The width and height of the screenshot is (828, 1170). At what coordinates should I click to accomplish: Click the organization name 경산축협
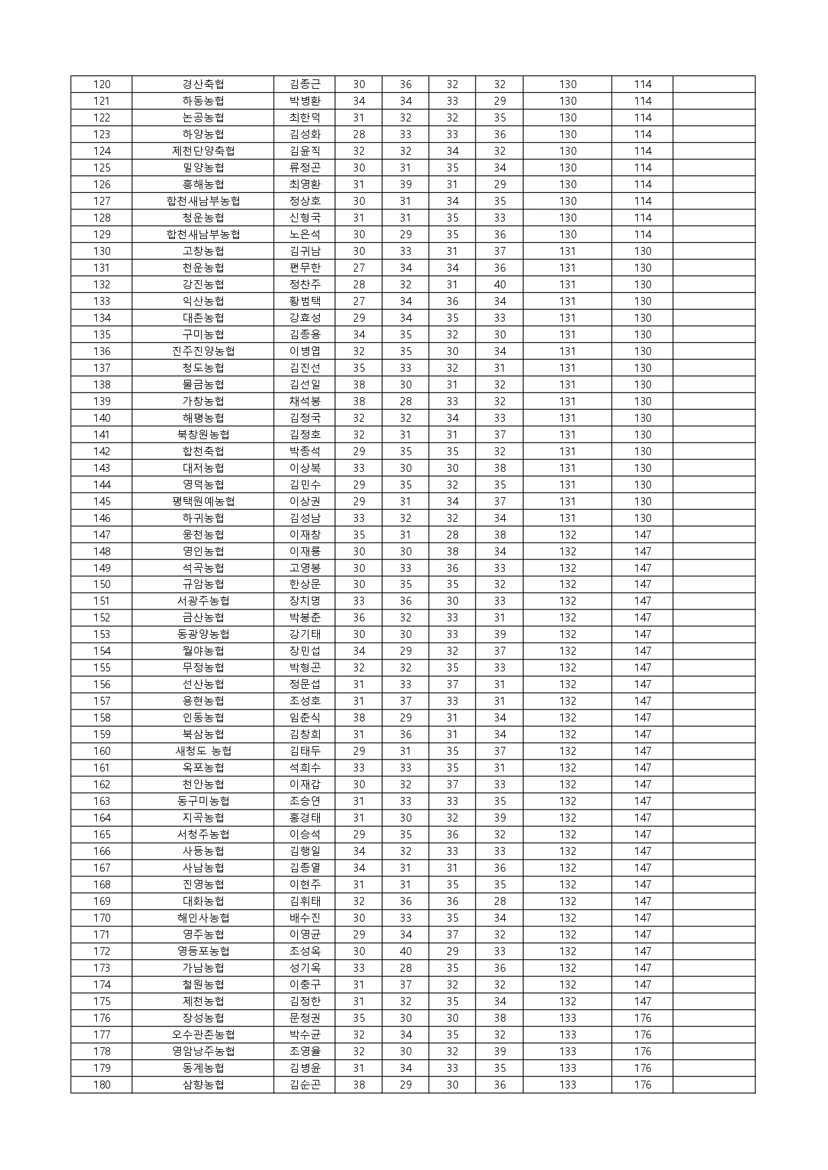203,84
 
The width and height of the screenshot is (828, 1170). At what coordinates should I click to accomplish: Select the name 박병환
304,101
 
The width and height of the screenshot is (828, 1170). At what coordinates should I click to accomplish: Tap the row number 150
101,584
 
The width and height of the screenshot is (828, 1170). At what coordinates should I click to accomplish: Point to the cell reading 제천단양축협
203,151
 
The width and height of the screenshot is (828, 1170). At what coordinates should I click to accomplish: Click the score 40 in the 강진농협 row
499,284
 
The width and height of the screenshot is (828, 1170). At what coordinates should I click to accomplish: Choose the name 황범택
304,301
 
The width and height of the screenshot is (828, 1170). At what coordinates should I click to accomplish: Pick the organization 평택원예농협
203,501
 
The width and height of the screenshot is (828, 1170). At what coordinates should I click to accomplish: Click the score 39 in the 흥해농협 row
405,184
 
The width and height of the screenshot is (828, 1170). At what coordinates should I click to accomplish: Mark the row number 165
101,834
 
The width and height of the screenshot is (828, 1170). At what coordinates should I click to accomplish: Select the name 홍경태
304,818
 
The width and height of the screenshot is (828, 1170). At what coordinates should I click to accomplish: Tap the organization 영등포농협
203,951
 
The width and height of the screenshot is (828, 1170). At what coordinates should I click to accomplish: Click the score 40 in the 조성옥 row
405,951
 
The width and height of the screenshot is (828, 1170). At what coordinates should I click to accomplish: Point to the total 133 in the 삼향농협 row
568,1085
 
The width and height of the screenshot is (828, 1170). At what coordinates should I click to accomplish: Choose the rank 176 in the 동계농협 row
642,1068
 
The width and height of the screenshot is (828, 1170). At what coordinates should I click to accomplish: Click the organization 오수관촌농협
203,1035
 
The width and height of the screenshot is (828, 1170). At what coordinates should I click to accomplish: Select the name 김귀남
304,251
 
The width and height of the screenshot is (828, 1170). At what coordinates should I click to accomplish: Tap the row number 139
101,401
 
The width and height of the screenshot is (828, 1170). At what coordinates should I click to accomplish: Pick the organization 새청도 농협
203,751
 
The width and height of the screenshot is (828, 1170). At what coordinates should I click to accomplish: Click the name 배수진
304,918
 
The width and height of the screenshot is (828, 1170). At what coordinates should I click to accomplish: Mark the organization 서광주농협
203,601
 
